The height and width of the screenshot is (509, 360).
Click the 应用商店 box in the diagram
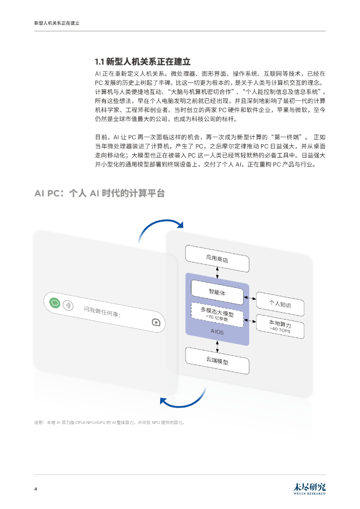(x=217, y=258)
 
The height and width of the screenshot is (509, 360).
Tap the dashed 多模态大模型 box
(x=217, y=315)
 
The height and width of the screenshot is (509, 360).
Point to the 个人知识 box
(x=279, y=303)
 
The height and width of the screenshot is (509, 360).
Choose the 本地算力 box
(x=279, y=326)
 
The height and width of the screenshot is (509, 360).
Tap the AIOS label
(x=217, y=332)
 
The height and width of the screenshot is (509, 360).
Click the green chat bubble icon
(x=56, y=302)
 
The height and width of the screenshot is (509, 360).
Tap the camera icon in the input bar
(x=156, y=322)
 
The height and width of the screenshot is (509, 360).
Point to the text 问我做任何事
(x=102, y=312)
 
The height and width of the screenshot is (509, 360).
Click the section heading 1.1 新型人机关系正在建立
(x=143, y=62)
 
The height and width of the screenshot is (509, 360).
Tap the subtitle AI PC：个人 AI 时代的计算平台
(x=99, y=193)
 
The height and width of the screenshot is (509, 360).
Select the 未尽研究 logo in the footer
(x=309, y=488)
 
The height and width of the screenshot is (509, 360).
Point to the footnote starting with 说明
(x=109, y=423)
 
